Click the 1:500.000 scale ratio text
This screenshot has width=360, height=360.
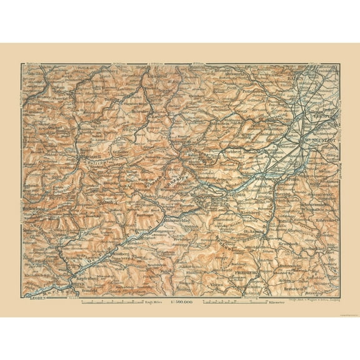click(x=181, y=302)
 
